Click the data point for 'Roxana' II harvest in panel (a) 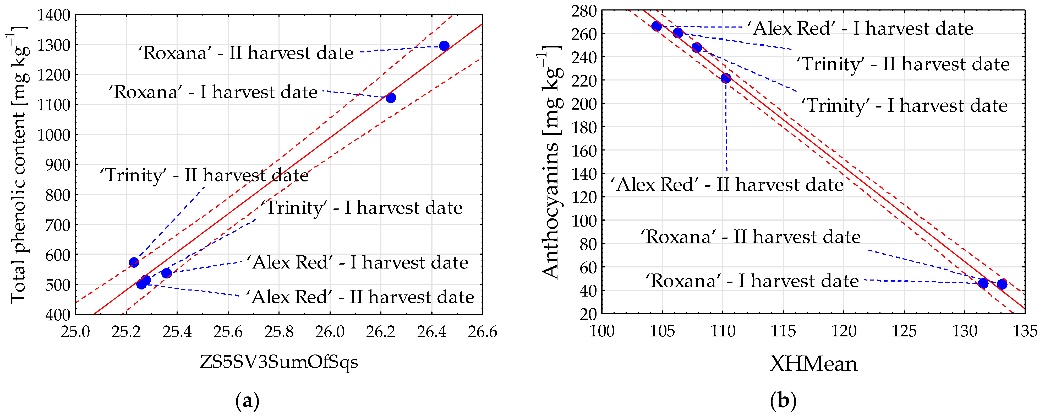pyautogui.click(x=444, y=46)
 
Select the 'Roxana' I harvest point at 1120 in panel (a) pyautogui.click(x=391, y=98)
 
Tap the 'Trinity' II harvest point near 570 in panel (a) pyautogui.click(x=134, y=262)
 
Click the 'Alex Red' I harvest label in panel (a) pyautogui.click(x=357, y=263)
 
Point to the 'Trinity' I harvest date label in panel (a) pyautogui.click(x=361, y=208)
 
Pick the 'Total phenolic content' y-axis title pyautogui.click(x=19, y=164)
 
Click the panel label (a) pyautogui.click(x=247, y=401)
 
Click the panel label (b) pyautogui.click(x=783, y=401)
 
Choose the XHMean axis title pyautogui.click(x=814, y=364)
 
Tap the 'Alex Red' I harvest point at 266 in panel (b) pyautogui.click(x=657, y=26)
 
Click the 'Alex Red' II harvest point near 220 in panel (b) pyautogui.click(x=726, y=78)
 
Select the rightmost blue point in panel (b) pyautogui.click(x=1002, y=284)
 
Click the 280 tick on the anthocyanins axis pyautogui.click(x=584, y=11)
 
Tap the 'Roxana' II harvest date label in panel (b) pyautogui.click(x=751, y=237)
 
